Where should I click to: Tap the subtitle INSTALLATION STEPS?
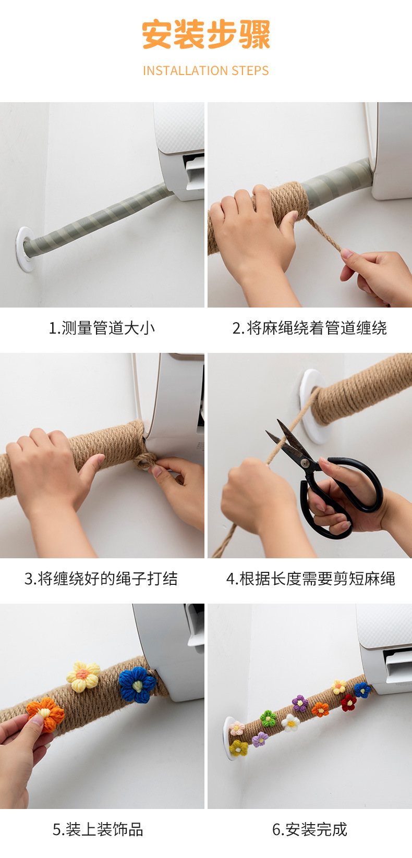coord(206,70)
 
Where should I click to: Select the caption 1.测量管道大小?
coord(102,328)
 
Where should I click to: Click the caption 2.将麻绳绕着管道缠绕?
coord(309,328)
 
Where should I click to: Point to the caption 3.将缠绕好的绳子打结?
coord(101,579)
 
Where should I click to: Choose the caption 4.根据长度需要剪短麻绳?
coord(310,579)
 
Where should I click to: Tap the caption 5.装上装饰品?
coord(98,829)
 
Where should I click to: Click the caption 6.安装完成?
coord(310,829)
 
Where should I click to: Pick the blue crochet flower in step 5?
coord(137,685)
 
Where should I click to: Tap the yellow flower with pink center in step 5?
coord(83,677)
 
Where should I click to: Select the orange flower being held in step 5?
coord(45,714)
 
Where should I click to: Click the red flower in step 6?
coord(348,703)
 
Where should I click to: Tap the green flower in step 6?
coord(268,718)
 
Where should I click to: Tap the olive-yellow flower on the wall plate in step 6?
coord(238,747)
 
